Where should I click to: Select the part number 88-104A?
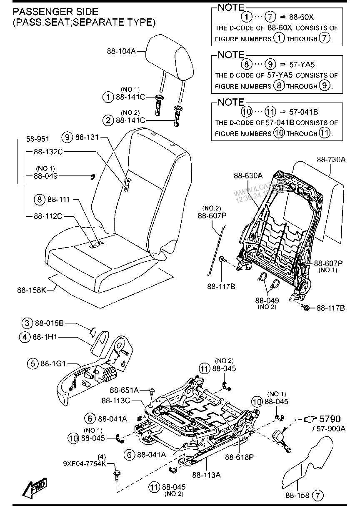121,52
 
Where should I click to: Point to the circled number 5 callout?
32,363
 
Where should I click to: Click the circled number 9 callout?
67,136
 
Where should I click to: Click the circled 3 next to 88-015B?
27,323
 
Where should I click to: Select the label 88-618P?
240,457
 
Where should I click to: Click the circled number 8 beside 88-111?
39,200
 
